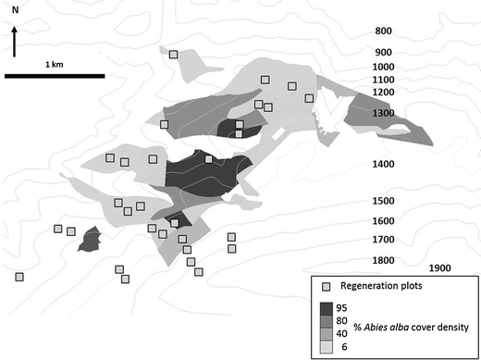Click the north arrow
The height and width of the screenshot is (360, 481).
[x=15, y=43]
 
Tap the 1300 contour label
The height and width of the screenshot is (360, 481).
[x=382, y=113]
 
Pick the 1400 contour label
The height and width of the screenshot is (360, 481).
[x=382, y=164]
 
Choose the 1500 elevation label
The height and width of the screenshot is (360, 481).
[x=382, y=201]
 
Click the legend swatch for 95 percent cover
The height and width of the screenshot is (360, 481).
[x=327, y=308]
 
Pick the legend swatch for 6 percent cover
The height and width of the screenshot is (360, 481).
[x=327, y=347]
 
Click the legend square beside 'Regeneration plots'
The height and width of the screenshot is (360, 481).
[x=326, y=285]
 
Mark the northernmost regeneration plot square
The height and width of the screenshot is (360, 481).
[x=173, y=55]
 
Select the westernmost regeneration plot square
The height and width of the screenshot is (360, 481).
[x=19, y=276]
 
